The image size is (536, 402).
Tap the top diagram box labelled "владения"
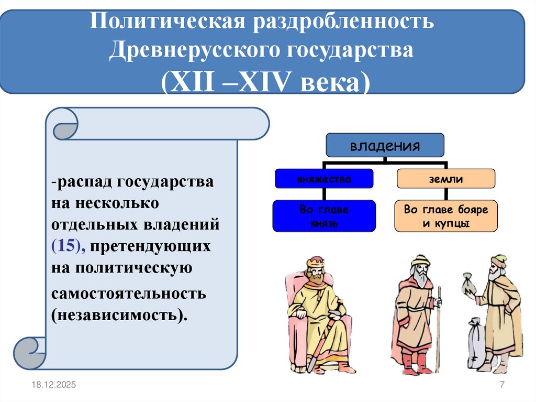(385, 145)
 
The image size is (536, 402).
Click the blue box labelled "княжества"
(324, 179)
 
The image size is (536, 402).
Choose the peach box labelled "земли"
(445, 179)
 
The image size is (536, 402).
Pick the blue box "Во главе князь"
(324, 216)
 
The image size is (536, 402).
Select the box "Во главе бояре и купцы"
(445, 216)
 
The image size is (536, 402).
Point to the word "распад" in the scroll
(86, 182)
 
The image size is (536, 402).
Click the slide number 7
(502, 385)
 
